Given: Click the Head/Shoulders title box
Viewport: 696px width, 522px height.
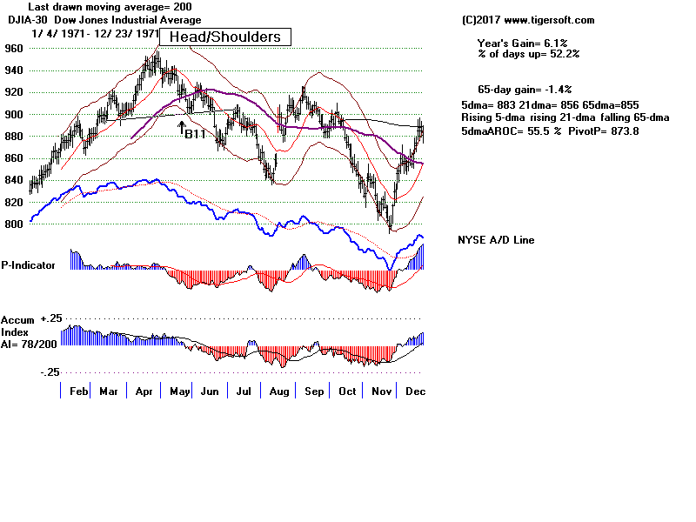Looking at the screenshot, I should tap(224, 37).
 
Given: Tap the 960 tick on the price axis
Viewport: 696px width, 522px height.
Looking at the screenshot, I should tap(15, 49).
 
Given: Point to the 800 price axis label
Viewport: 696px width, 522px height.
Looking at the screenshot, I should tap(15, 224).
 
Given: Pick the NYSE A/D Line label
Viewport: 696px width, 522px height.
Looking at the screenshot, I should tap(496, 240).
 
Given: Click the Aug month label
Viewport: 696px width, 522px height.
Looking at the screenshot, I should tap(278, 391).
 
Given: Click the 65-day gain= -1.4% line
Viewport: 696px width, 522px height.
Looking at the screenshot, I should tap(524, 90).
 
